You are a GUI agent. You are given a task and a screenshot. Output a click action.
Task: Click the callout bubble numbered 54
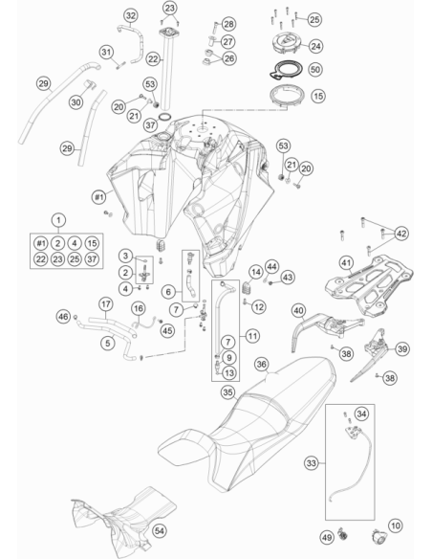(x=160, y=531)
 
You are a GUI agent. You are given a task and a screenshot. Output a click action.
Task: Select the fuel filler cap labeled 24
(x=287, y=43)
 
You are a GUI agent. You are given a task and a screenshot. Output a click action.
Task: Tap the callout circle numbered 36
(x=262, y=364)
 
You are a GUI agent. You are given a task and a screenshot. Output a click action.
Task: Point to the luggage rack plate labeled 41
(x=369, y=285)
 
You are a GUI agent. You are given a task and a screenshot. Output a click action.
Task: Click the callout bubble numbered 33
(x=312, y=463)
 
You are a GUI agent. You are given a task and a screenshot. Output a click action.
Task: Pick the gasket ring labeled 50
(x=286, y=70)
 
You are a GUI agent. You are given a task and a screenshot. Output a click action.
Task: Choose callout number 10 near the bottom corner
(x=396, y=525)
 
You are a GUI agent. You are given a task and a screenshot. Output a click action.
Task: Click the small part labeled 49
(x=343, y=534)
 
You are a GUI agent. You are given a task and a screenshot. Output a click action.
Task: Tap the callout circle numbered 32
(x=131, y=15)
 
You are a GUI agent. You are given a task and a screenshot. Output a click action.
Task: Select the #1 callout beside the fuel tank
(x=99, y=196)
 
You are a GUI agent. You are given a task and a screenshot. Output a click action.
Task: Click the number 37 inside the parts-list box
(x=92, y=259)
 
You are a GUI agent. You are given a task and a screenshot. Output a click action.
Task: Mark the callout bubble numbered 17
(x=106, y=304)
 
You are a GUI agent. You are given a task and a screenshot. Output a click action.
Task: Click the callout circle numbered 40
(x=298, y=310)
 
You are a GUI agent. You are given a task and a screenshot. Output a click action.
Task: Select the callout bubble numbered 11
(x=252, y=335)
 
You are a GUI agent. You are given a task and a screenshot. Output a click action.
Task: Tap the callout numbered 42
(x=401, y=234)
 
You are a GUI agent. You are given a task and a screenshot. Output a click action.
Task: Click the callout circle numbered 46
(x=64, y=316)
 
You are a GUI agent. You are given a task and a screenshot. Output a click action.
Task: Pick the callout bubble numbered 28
(x=228, y=24)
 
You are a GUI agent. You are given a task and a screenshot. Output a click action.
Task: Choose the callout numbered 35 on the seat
(x=228, y=392)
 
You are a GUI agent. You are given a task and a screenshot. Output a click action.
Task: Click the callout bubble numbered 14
(x=256, y=273)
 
